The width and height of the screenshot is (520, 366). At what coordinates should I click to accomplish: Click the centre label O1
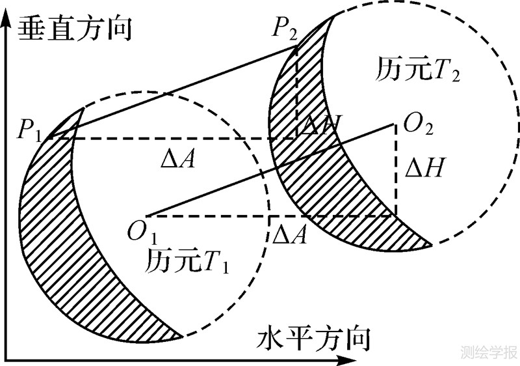(x=144, y=232)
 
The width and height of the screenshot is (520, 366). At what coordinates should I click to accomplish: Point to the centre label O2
(x=419, y=122)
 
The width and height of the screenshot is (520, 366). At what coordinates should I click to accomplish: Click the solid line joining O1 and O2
(x=273, y=169)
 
